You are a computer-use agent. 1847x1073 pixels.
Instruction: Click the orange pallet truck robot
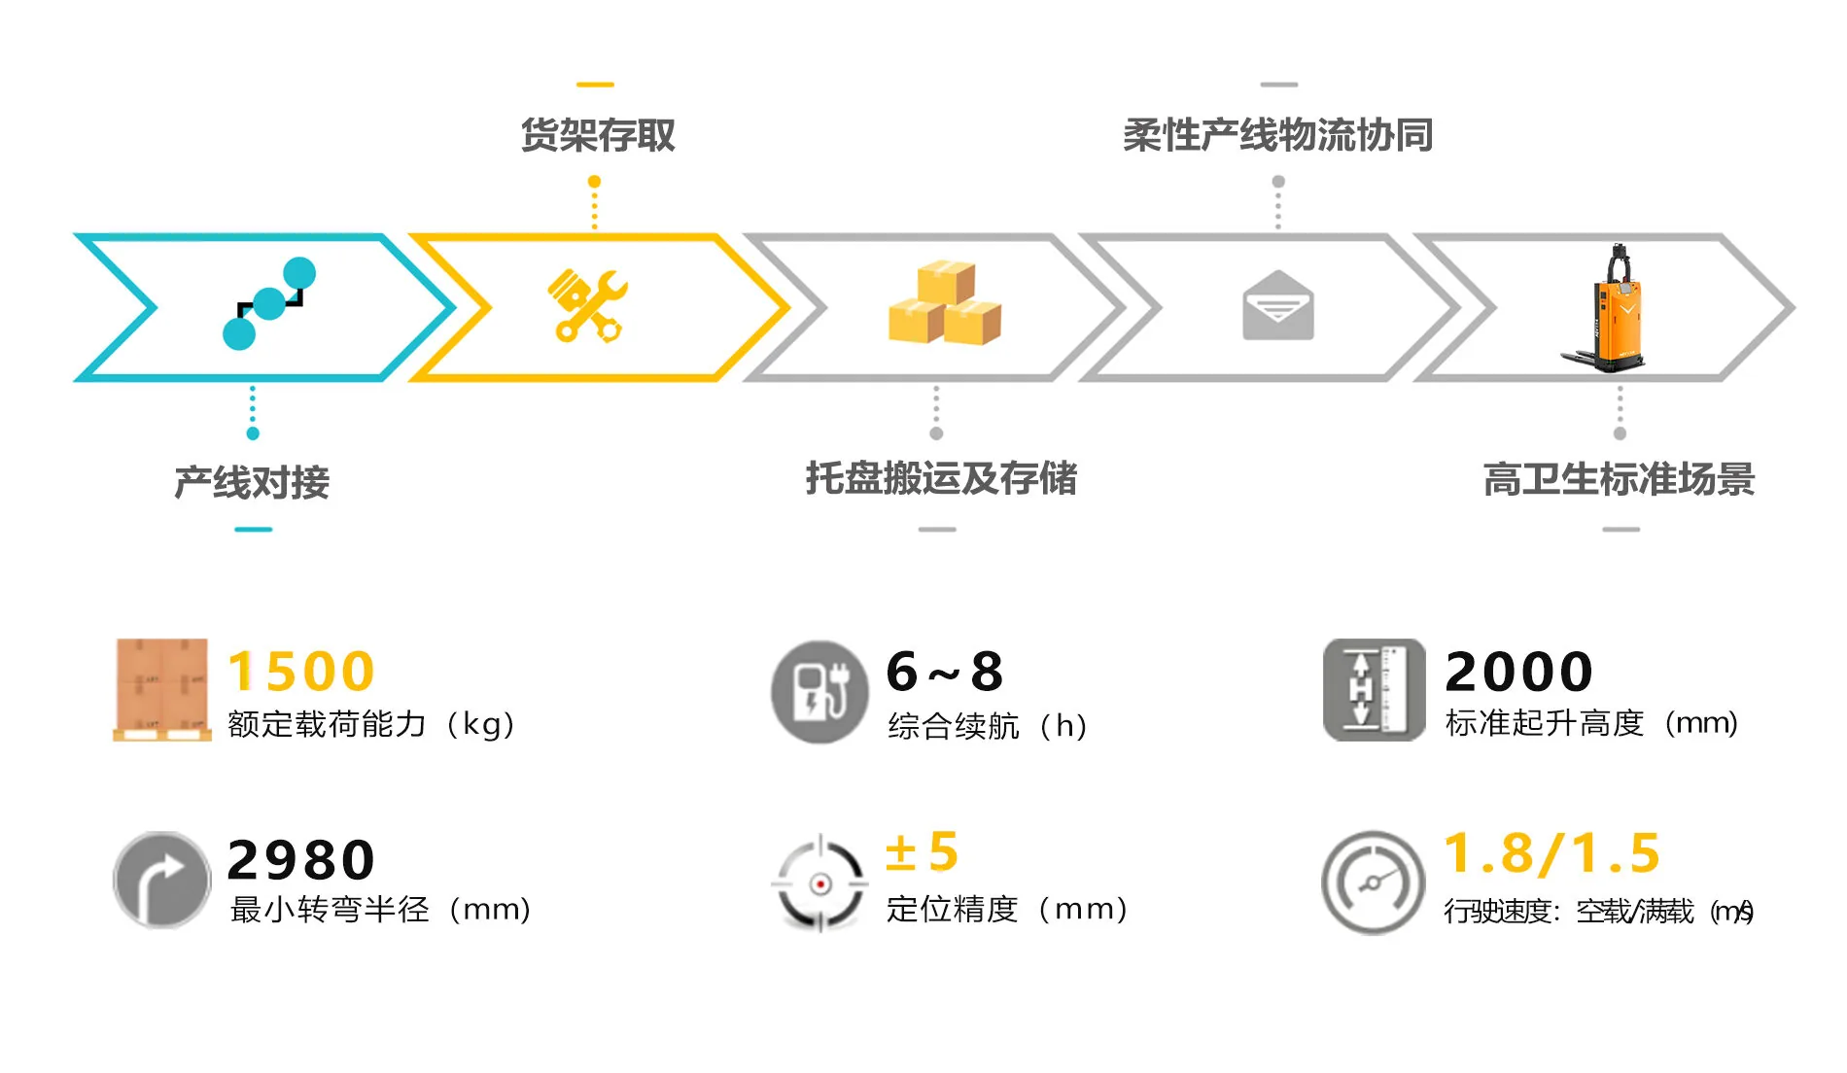1610,309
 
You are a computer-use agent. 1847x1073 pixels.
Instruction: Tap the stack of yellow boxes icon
944,303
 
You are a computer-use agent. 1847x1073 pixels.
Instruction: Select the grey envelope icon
1277,306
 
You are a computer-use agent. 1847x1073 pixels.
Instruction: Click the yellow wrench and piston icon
587,305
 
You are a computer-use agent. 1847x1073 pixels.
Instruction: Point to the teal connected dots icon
269,303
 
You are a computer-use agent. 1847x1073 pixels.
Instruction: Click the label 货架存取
597,135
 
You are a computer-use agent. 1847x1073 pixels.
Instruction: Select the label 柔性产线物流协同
1277,135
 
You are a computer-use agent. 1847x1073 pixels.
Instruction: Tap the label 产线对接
252,482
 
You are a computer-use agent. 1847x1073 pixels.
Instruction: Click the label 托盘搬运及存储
941,478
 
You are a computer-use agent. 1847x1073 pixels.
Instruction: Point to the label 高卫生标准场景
1619,479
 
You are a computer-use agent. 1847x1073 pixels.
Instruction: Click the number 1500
301,672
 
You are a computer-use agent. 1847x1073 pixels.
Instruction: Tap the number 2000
1518,672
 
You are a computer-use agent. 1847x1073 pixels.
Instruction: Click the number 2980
301,860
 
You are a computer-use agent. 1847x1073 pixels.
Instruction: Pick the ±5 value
922,852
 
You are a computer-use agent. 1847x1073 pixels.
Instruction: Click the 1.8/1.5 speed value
1552,853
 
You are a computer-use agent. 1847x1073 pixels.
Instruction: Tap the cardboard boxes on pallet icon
161,689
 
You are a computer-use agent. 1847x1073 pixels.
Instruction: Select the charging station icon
819,692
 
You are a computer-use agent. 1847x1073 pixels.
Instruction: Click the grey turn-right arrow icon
161,880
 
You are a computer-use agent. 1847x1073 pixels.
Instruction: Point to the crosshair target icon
819,883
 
